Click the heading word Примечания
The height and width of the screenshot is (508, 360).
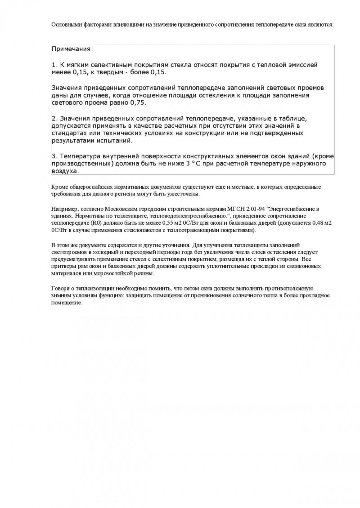[x=72, y=49]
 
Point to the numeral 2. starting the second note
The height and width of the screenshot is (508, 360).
[x=54, y=118]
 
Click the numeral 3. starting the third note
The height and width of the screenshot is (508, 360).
[x=54, y=156]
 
